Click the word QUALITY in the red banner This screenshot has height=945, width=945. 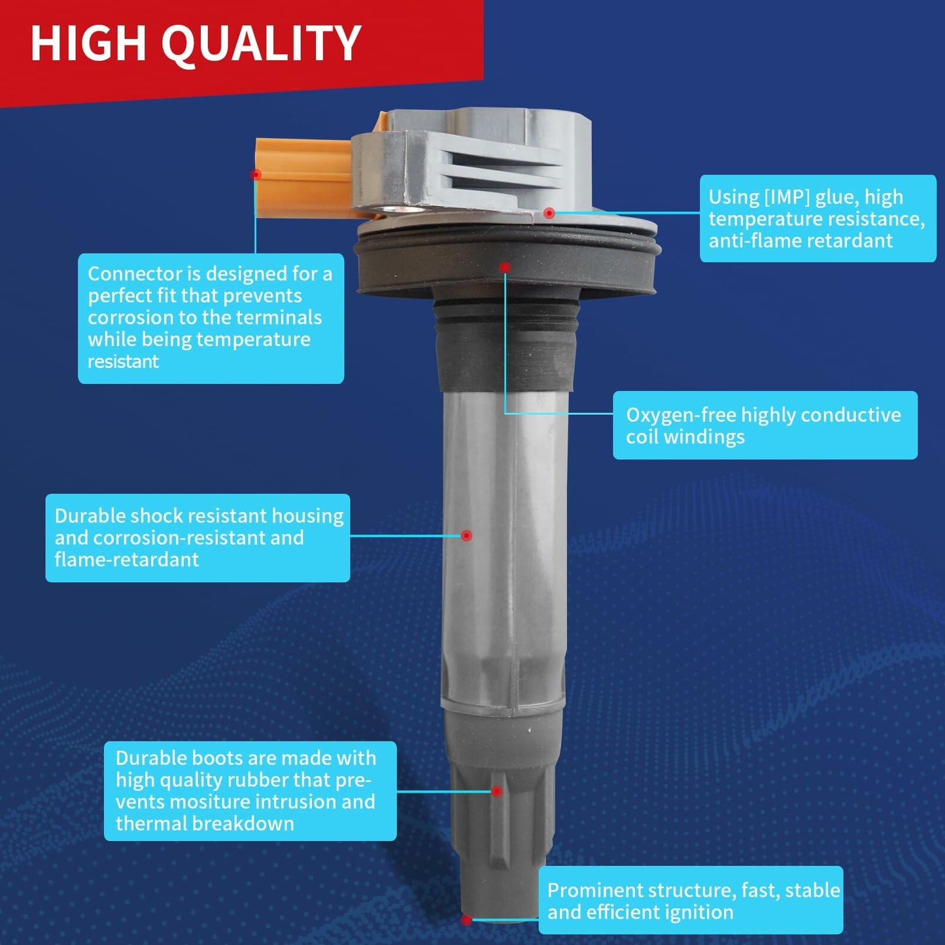coord(261,44)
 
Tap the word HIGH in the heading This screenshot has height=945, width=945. coord(89,43)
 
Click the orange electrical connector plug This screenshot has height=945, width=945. coord(305,179)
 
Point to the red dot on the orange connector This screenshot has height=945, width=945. coord(256,174)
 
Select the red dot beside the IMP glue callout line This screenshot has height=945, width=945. coord(549,213)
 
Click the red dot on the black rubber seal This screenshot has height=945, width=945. coord(505,267)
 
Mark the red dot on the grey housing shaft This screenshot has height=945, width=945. coord(466,535)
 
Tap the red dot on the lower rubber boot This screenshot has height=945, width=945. coord(497,791)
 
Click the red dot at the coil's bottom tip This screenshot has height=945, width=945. coord(466,920)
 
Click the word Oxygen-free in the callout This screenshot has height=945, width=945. coord(680,415)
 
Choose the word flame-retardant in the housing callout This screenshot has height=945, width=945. coord(127,560)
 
